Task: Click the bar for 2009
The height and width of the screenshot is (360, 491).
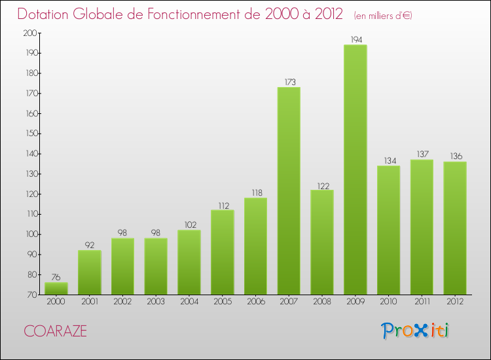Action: click(x=355, y=170)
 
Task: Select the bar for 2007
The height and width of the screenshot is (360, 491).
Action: click(x=289, y=191)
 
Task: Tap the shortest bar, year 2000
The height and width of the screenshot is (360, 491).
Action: click(x=56, y=288)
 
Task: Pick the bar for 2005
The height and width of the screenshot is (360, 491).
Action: click(x=222, y=252)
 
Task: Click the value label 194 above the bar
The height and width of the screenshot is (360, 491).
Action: click(x=355, y=40)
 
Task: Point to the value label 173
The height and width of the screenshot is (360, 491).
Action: click(x=289, y=82)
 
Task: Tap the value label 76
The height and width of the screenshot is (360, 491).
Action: click(x=56, y=278)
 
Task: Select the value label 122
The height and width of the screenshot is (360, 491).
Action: click(x=322, y=185)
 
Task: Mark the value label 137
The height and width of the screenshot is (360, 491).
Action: click(x=422, y=154)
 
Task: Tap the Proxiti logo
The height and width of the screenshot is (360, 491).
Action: click(x=416, y=331)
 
